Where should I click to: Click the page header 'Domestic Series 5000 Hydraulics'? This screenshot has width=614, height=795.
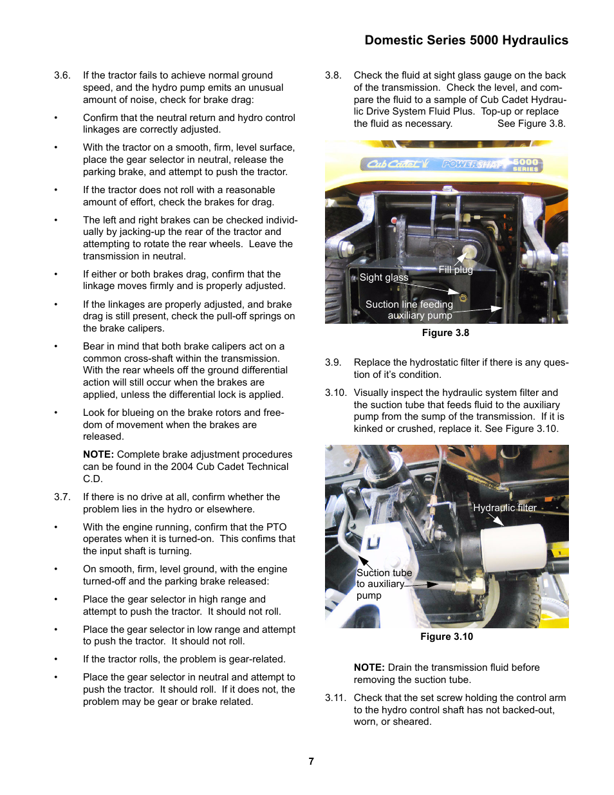tap(466, 40)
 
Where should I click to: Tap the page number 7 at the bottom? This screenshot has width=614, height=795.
tap(311, 761)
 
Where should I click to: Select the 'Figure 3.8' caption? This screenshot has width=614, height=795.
tap(445, 333)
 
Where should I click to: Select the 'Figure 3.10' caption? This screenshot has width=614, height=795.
tap(446, 637)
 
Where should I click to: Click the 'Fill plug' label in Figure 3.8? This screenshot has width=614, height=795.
tap(455, 270)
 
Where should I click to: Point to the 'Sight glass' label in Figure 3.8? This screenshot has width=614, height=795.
tap(384, 277)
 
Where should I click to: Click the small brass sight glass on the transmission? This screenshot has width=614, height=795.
tap(463, 297)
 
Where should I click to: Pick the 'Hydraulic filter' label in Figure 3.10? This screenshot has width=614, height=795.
tap(505, 508)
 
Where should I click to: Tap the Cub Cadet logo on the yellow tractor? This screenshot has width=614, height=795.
tap(394, 164)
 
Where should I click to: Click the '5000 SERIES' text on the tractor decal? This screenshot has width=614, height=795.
tap(525, 165)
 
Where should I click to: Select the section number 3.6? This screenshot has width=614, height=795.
tap(62, 75)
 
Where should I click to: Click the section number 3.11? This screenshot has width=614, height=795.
tap(335, 698)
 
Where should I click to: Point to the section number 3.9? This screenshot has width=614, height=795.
tap(333, 362)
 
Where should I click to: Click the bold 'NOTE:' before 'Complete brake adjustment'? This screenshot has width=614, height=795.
tap(98, 454)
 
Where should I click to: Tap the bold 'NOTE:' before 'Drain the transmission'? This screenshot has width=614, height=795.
tap(369, 668)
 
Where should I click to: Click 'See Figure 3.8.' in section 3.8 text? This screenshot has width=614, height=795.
tap(531, 124)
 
